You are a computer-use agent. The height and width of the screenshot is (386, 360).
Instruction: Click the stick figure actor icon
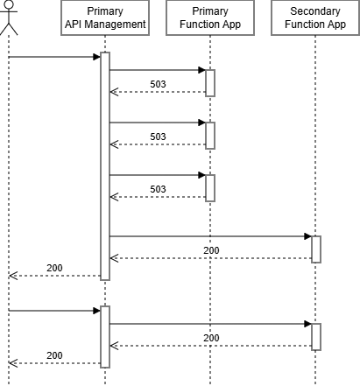click(x=9, y=18)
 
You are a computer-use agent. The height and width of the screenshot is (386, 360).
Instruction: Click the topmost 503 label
click(x=158, y=85)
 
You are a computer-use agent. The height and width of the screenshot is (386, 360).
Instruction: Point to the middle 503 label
click(x=158, y=137)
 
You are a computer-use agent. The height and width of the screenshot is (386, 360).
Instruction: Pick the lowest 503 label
click(x=158, y=190)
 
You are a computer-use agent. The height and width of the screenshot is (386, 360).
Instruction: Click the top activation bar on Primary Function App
click(x=210, y=82)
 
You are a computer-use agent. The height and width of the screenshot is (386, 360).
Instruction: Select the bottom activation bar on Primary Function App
click(x=210, y=187)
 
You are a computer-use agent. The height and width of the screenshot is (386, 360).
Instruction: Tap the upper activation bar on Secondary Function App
click(x=315, y=249)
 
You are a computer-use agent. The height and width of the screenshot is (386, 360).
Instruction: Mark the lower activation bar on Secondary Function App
click(x=315, y=336)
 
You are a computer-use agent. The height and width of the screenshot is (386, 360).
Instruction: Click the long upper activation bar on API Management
click(x=105, y=166)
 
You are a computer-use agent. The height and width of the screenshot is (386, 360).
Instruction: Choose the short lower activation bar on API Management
click(x=105, y=337)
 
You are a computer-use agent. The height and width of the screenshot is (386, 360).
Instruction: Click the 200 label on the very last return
click(x=54, y=355)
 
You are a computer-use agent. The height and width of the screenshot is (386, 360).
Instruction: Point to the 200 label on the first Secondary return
click(x=211, y=250)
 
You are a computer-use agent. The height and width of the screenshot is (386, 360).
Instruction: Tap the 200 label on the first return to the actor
click(x=54, y=268)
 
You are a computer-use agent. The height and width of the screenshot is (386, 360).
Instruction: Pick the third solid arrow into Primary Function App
click(x=158, y=175)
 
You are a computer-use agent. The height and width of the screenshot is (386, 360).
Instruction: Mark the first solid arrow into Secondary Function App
click(x=210, y=236)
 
